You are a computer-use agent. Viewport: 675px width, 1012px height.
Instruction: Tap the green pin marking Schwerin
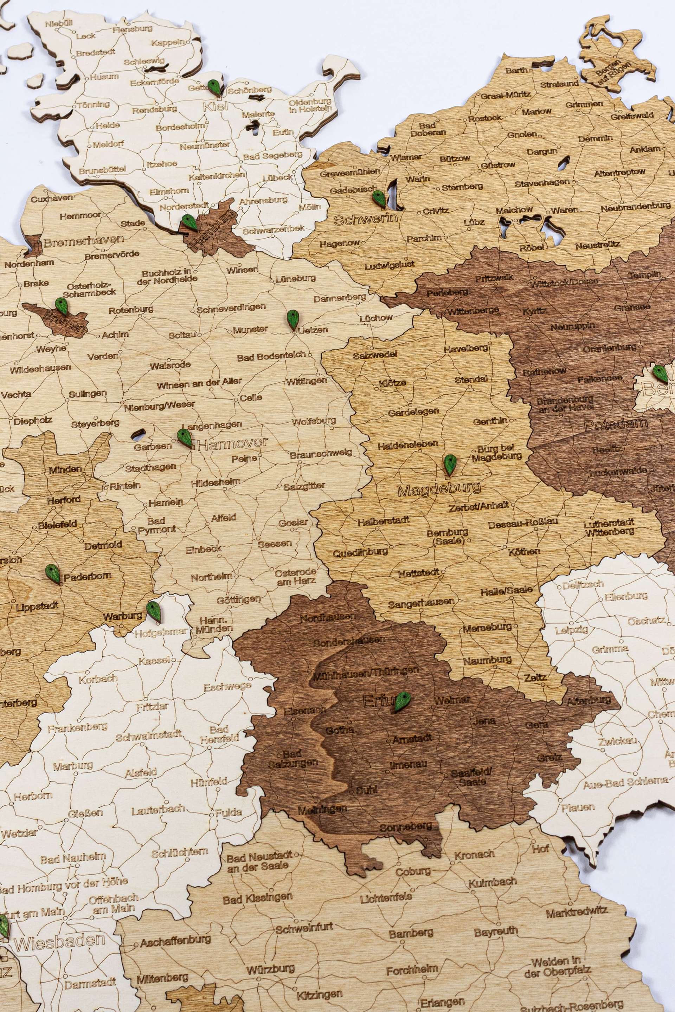[x=379, y=198]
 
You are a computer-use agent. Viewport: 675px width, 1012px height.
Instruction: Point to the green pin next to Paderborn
[x=52, y=573]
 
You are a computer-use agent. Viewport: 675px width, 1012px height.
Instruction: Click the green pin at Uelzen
[x=293, y=319]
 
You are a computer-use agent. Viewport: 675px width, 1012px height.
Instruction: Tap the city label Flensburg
[x=132, y=29]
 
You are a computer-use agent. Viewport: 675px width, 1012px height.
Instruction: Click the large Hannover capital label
[x=233, y=443]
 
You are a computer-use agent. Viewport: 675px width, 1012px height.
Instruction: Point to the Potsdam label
[x=616, y=424]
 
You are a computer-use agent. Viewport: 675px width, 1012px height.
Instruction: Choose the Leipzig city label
[x=571, y=630]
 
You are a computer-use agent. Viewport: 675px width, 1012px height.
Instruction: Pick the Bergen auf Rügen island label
[x=613, y=69]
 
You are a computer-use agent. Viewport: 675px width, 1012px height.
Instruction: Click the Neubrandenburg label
[x=635, y=207]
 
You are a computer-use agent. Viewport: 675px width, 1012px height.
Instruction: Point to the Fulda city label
[x=229, y=812]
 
